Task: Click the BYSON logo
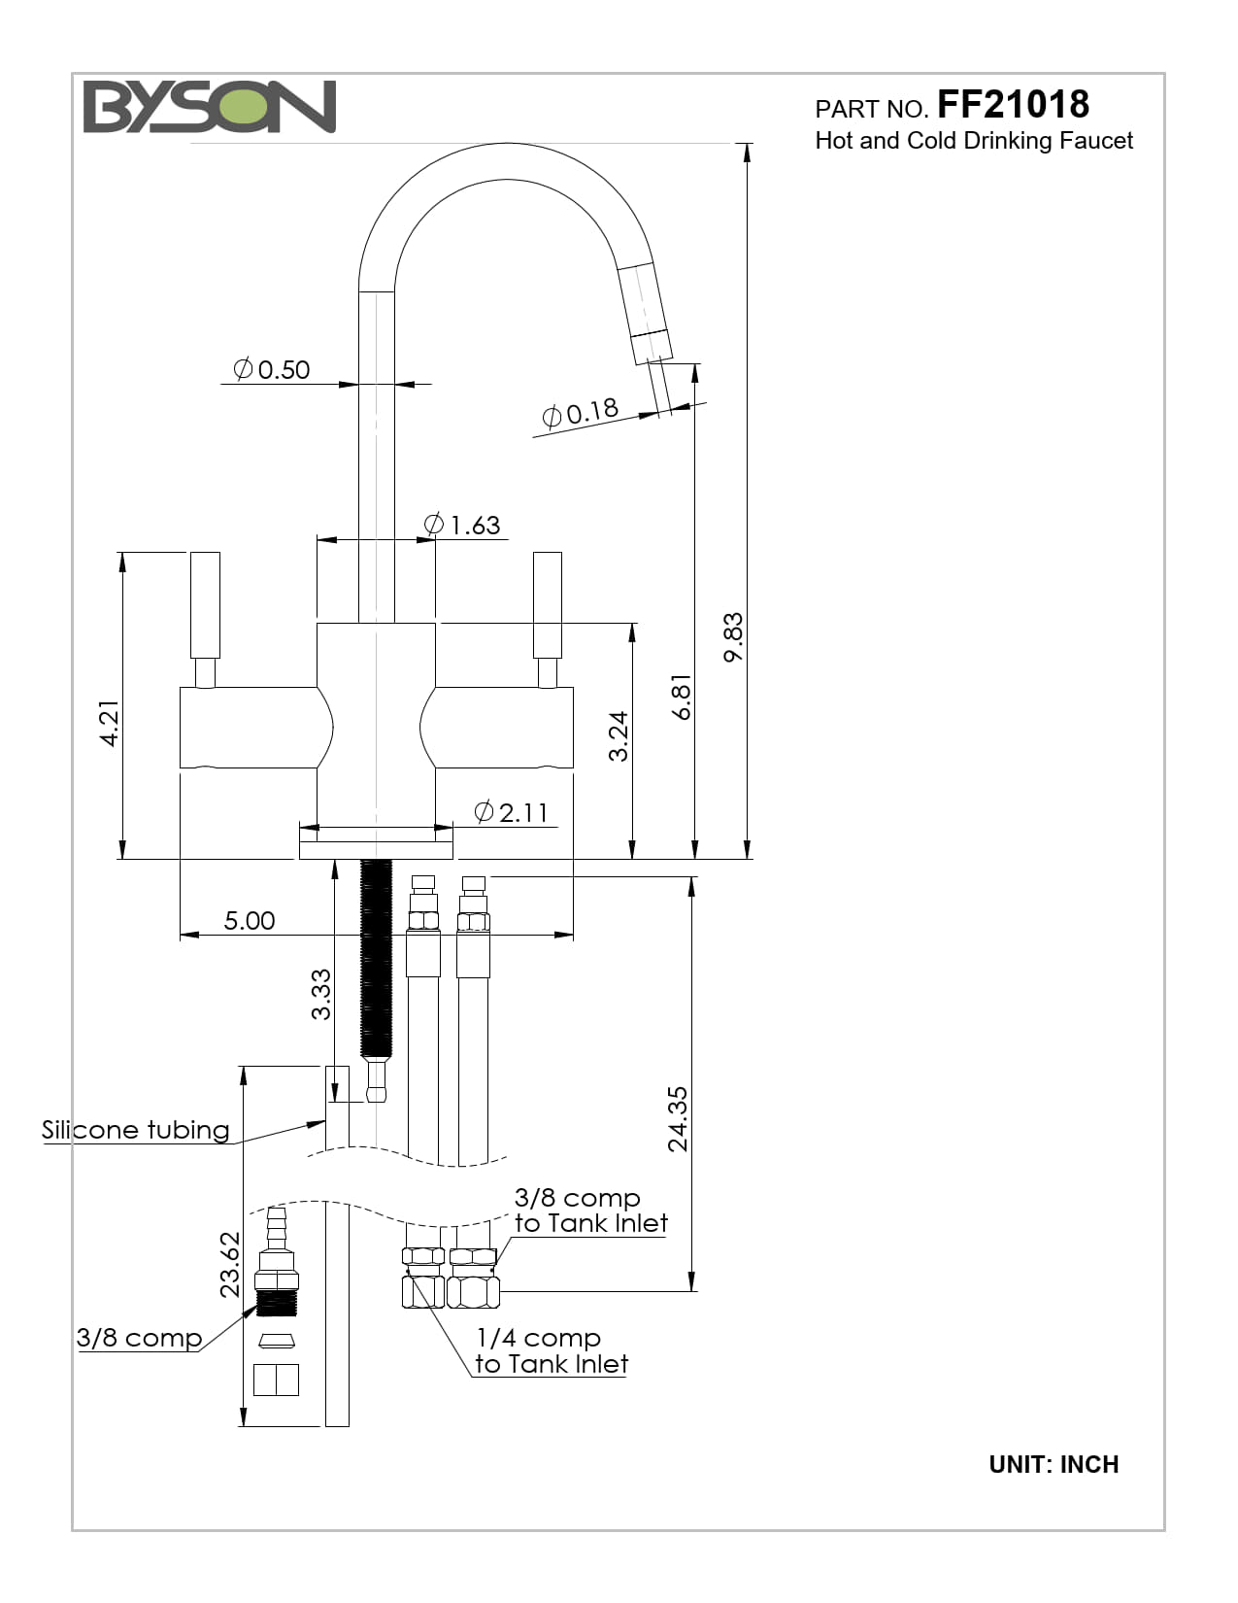(209, 107)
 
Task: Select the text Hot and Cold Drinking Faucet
(973, 141)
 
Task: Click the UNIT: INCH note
(1054, 1464)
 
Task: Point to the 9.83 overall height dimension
(733, 636)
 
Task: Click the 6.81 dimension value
(682, 697)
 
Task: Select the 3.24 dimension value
(619, 736)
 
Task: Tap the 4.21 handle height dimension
(109, 724)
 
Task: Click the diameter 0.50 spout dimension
(272, 370)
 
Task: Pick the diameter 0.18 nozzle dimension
(581, 413)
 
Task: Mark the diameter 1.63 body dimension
(463, 526)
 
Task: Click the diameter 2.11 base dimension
(512, 812)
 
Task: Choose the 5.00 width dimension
(249, 921)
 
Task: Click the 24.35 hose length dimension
(678, 1119)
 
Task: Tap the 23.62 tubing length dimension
(229, 1265)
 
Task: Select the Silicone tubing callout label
(136, 1130)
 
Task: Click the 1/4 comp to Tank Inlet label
(551, 1351)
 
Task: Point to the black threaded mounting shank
(376, 957)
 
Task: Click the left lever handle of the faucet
(205, 607)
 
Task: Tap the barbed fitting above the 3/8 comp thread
(276, 1229)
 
